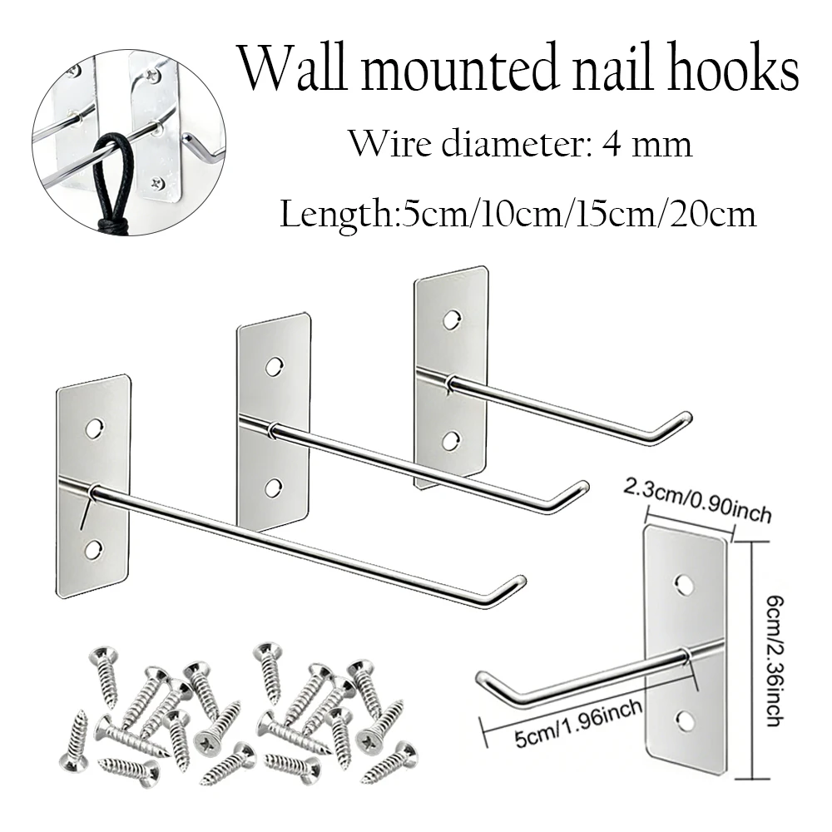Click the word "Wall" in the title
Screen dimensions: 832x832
291,67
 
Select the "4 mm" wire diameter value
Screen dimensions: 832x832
647,144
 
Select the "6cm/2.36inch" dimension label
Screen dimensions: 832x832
774,660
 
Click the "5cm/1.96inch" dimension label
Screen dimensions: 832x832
578,723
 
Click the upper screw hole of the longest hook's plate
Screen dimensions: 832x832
95,428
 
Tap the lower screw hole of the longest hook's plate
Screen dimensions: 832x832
93,550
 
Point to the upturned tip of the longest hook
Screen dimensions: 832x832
520,580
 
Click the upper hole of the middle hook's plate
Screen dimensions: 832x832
274,367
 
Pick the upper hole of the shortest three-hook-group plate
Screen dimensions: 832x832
451,319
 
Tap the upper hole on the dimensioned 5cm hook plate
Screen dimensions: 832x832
684,584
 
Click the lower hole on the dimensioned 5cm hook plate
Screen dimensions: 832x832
685,720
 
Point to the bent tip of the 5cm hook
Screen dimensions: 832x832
483,677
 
